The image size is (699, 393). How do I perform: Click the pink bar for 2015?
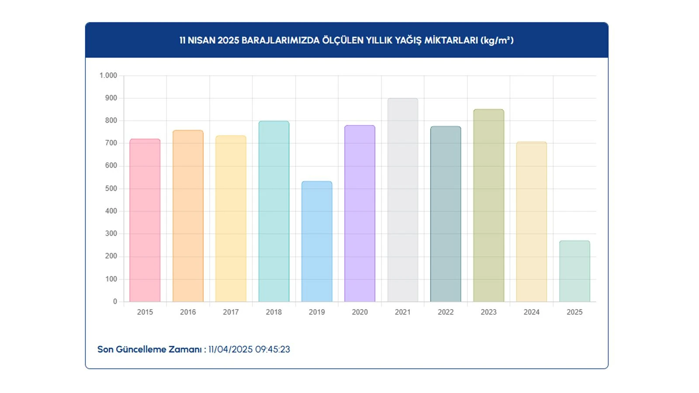(x=145, y=221)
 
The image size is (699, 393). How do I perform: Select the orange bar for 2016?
(x=188, y=216)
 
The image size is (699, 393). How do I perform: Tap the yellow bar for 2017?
(x=231, y=219)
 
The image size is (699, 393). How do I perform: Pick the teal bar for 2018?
(x=274, y=211)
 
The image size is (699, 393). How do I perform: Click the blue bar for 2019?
(x=317, y=241)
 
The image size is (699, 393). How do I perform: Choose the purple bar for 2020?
(x=360, y=214)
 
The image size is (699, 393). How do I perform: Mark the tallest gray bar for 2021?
(x=403, y=200)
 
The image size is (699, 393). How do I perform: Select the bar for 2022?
(x=446, y=214)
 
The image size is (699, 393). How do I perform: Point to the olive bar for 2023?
(x=488, y=206)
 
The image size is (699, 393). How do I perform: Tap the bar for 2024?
(x=532, y=222)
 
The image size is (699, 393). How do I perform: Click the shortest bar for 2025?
(x=574, y=271)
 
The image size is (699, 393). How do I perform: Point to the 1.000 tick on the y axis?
(x=108, y=76)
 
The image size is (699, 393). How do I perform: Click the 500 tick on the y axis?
(x=111, y=189)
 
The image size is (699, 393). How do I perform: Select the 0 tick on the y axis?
(x=115, y=301)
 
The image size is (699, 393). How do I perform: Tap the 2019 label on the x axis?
(x=317, y=312)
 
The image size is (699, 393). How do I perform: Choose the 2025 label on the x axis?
(x=574, y=312)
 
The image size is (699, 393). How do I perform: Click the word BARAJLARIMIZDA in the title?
(x=280, y=41)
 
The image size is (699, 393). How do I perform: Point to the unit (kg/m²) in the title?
(x=497, y=41)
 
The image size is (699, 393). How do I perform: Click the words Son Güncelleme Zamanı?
(x=149, y=349)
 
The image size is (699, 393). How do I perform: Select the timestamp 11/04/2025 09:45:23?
(x=249, y=349)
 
